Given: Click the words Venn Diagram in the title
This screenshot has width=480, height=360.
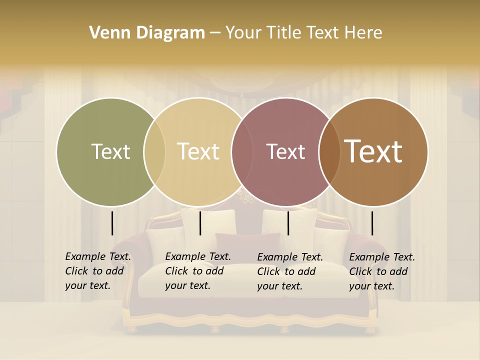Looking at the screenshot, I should pos(147,33).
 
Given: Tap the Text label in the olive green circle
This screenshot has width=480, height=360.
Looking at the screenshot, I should pos(110,152).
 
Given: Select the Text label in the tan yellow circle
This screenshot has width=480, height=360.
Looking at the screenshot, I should pos(198,151).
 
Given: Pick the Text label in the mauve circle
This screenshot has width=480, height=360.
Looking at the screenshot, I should pos(285,152).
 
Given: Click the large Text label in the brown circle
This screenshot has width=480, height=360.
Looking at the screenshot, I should pos(373,151).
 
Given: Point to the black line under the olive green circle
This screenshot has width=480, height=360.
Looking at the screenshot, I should pos(112,223).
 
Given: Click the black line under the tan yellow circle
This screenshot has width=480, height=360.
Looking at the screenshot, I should pos(200,223).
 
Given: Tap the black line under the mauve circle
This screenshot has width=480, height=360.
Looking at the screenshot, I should pos(288,223).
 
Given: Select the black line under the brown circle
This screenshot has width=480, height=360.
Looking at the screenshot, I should pos(372,223).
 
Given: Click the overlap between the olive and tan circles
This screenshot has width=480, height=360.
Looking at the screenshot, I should pos(154,152).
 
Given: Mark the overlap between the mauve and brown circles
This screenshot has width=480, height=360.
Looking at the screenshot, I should pos(329,152).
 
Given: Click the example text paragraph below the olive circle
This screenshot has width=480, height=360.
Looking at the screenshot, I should pos(97,271).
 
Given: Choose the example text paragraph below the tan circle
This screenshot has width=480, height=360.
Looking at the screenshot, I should pos(197,271).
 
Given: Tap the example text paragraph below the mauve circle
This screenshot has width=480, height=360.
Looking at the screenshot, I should pos(289,271).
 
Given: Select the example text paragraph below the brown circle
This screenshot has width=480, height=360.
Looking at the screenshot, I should pos(381,271).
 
